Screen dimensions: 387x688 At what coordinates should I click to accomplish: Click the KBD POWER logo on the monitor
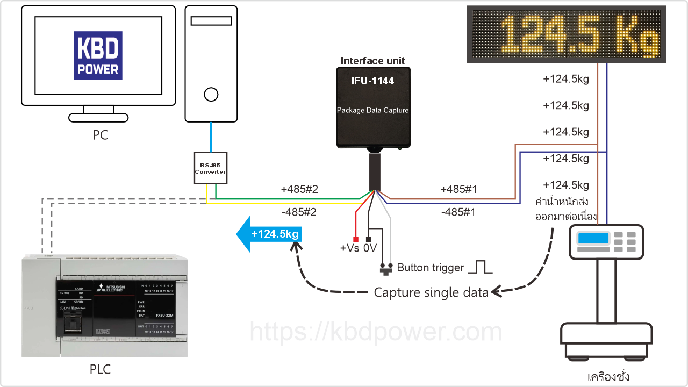click(98, 55)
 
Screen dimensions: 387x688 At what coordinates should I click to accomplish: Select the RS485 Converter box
click(210, 168)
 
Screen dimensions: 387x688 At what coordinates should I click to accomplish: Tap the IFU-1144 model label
click(372, 81)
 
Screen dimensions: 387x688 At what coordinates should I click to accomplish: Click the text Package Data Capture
click(372, 111)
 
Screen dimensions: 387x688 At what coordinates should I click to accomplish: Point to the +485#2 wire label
click(300, 189)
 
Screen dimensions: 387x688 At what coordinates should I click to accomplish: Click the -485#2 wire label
click(299, 212)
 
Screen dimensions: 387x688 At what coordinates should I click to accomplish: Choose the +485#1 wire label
click(458, 189)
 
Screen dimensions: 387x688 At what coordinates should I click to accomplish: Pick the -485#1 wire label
click(458, 212)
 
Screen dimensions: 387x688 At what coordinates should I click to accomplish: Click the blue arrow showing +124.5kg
click(270, 234)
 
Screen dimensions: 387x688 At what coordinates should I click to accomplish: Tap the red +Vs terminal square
click(355, 239)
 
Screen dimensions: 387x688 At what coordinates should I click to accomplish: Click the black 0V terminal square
click(368, 239)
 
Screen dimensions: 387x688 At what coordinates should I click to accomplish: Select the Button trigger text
click(430, 268)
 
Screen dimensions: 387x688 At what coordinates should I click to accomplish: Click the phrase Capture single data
click(431, 293)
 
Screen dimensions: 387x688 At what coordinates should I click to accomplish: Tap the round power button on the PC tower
click(211, 95)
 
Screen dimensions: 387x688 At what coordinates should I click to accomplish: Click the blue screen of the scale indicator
click(593, 238)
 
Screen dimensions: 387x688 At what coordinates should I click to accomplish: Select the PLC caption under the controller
click(100, 369)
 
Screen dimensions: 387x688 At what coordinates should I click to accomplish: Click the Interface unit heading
click(372, 61)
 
